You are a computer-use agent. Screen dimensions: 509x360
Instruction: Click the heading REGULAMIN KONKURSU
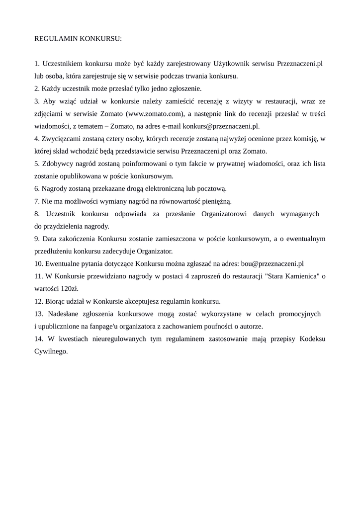click(x=78, y=38)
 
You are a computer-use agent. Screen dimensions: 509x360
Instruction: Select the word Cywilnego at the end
click(x=51, y=351)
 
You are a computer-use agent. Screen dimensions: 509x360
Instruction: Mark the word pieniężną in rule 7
click(x=216, y=201)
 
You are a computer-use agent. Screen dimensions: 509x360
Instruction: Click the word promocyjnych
click(x=297, y=314)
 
